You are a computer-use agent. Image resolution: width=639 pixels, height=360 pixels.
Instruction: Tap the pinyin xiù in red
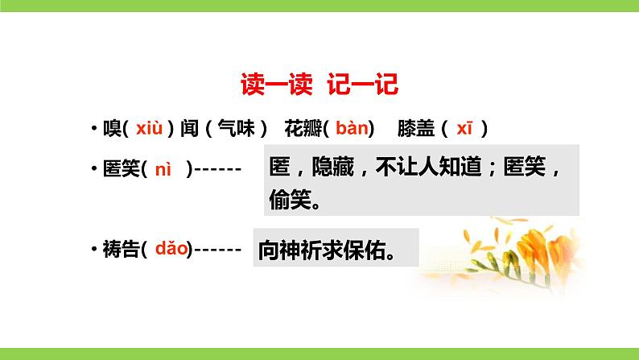pyautogui.click(x=150, y=128)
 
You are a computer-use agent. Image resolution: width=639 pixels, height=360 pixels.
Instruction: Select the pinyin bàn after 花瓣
pyautogui.click(x=352, y=128)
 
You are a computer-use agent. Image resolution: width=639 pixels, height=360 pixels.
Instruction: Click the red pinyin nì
pyautogui.click(x=163, y=169)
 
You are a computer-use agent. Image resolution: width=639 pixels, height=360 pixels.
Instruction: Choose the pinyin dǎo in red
pyautogui.click(x=171, y=250)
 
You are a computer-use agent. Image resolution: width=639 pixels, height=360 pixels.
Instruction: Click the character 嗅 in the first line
pyautogui.click(x=112, y=129)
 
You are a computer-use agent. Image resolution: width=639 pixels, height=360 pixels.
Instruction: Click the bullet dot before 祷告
pyautogui.click(x=95, y=251)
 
